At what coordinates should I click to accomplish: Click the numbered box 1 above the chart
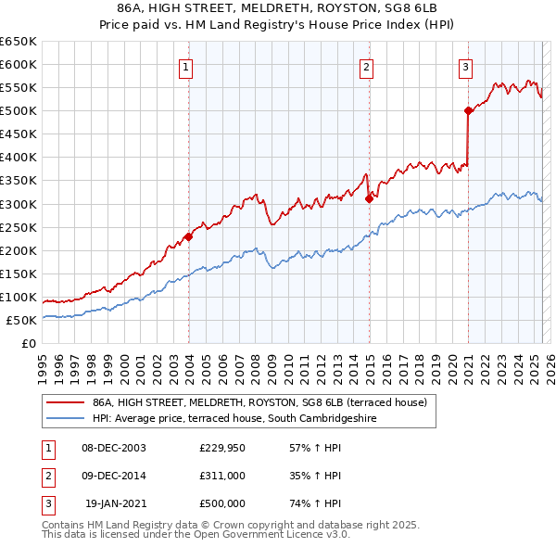point(186,67)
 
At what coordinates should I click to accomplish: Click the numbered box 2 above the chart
point(367,67)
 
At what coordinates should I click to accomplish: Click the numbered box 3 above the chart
point(465,67)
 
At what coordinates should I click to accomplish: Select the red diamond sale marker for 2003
point(188,236)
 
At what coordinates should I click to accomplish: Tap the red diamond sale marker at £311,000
point(369,197)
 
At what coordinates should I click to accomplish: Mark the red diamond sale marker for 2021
point(469,111)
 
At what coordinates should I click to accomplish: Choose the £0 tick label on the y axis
point(28,343)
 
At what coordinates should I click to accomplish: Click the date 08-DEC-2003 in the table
point(114,448)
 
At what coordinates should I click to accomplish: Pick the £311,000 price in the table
point(222,476)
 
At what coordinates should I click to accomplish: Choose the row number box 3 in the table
point(45,503)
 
